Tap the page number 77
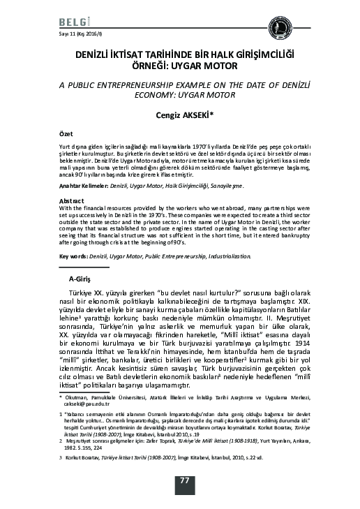point(185,480)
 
